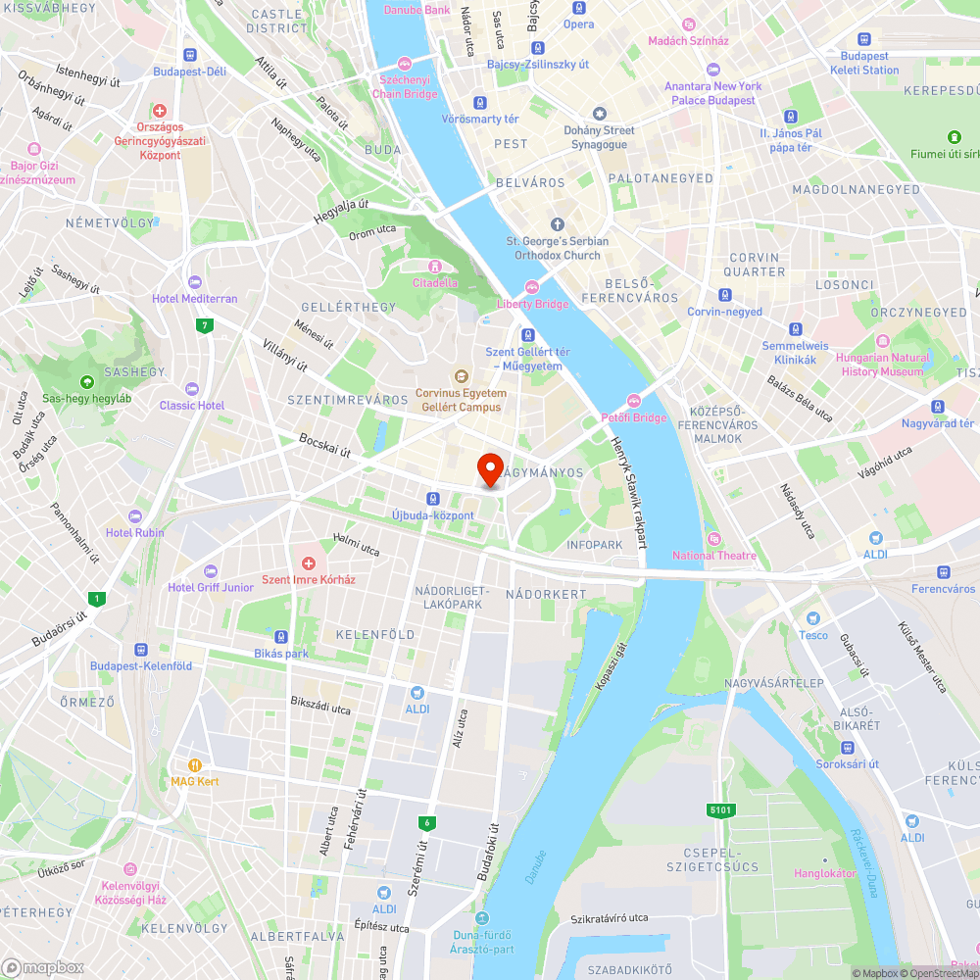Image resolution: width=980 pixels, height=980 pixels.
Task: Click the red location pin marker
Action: tap(490, 467)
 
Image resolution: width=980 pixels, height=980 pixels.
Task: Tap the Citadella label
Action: tap(434, 282)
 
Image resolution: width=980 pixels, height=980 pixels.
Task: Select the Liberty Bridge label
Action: tap(533, 304)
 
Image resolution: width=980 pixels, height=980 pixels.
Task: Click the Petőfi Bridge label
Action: tap(633, 417)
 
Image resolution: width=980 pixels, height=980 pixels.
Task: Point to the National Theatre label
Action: tap(714, 556)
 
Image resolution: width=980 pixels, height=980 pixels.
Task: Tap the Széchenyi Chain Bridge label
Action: tap(405, 87)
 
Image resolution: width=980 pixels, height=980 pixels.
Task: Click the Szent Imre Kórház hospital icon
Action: tap(309, 563)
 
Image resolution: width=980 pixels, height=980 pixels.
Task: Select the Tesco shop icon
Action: tap(812, 618)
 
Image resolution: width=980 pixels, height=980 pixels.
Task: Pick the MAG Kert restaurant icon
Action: tap(195, 765)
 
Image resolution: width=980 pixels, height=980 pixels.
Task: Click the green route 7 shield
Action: tap(204, 326)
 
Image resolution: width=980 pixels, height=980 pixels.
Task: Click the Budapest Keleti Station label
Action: tap(863, 63)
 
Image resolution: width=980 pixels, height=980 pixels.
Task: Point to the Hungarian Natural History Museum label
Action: tap(882, 365)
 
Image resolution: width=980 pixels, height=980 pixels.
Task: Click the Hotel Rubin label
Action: tap(135, 532)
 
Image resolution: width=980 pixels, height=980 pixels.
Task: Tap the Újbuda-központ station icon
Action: tap(432, 499)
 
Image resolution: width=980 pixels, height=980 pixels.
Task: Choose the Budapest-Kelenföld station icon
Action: tap(141, 650)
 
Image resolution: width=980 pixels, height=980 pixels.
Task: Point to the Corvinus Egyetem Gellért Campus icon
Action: tap(461, 376)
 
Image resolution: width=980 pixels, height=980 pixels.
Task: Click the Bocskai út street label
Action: tap(324, 446)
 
